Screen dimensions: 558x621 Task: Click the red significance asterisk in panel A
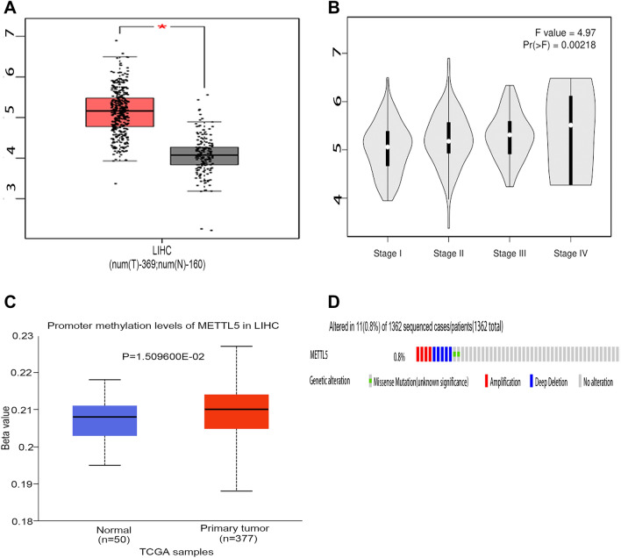point(161,27)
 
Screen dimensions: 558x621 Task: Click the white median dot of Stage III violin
point(510,135)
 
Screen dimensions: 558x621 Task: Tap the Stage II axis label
point(448,252)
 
